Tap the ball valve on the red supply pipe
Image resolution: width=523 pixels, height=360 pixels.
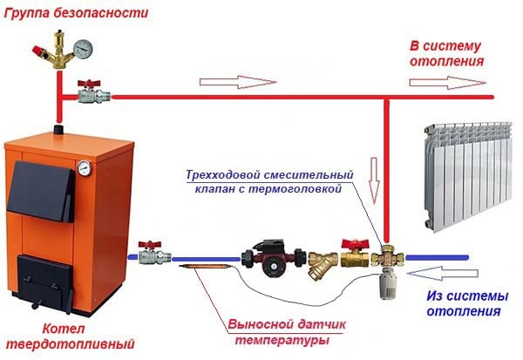tap(88, 92)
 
